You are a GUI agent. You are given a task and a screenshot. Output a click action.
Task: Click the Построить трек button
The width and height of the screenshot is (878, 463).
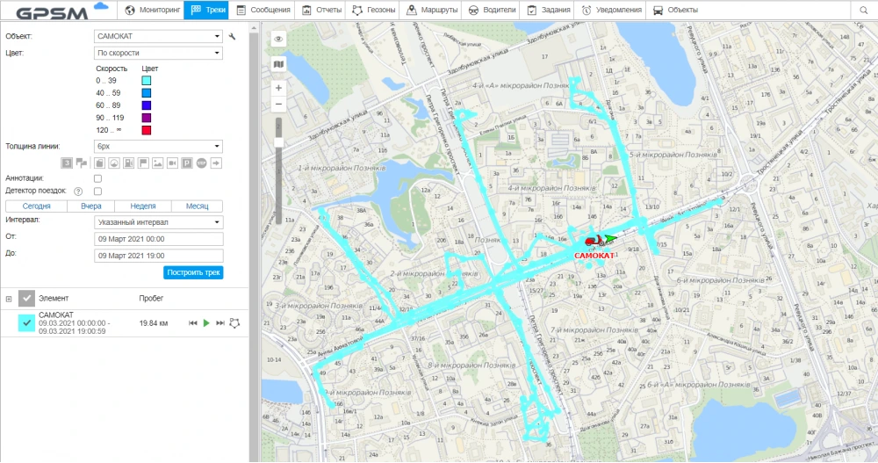point(193,272)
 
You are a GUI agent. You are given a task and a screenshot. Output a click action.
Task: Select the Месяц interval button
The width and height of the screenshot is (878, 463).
point(196,206)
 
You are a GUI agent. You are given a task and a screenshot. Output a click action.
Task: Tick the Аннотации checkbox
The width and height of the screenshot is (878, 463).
point(97,178)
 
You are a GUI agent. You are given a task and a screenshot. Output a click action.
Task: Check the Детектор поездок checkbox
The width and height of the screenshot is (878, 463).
point(97,191)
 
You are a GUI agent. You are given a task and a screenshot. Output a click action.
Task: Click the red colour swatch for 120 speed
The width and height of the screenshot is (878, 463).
point(147,131)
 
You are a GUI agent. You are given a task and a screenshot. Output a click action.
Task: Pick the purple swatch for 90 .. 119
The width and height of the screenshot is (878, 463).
point(147,118)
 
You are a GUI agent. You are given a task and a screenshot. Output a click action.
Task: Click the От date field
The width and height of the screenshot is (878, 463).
point(157,238)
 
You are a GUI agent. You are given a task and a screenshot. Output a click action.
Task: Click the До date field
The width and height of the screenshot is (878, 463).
point(157,255)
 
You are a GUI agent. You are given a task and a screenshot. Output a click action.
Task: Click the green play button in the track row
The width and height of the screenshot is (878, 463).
point(205,323)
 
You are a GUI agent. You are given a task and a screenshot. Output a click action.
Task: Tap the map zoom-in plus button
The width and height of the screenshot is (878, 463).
point(278,88)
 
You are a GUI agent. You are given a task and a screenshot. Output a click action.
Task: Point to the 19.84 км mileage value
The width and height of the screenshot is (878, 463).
point(154,323)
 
